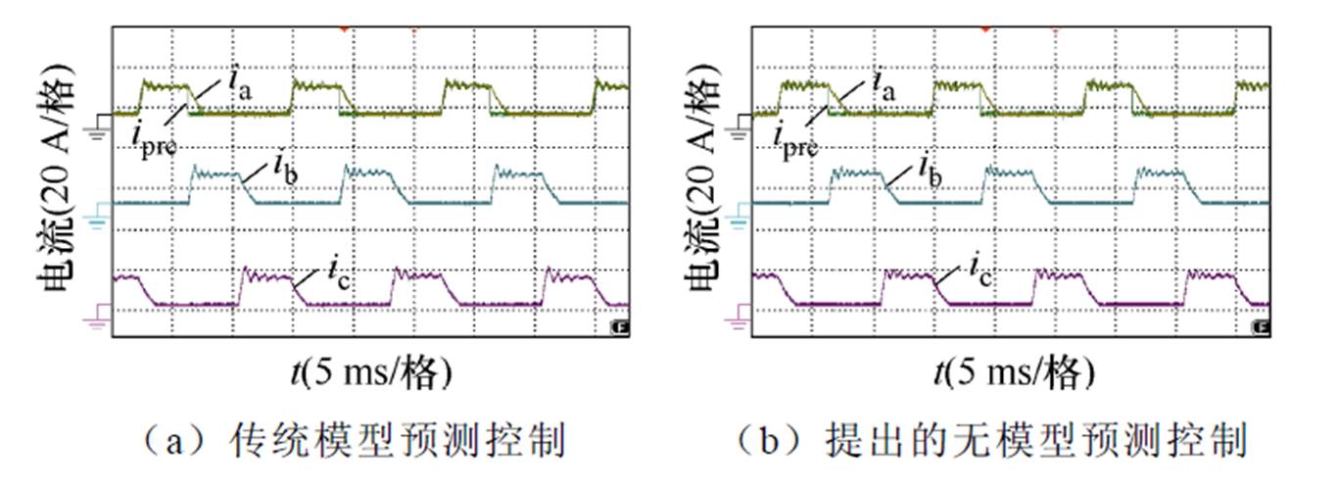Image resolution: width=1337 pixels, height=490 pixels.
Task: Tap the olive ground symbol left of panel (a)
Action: (99, 124)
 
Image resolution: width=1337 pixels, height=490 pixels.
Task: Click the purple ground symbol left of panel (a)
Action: (99, 315)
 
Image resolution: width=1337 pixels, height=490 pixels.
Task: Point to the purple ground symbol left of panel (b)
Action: (738, 315)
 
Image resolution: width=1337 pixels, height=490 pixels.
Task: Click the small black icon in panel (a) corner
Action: (619, 326)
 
